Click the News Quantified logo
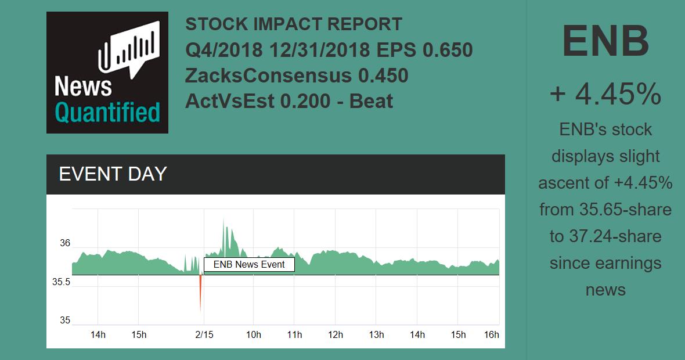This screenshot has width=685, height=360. [107, 73]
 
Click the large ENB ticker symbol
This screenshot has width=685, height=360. [605, 42]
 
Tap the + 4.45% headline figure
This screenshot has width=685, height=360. [605, 94]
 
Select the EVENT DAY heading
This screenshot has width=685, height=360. [113, 174]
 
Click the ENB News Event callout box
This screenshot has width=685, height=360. [249, 265]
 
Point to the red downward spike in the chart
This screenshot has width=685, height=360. [200, 293]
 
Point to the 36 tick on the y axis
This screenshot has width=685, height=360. [64, 243]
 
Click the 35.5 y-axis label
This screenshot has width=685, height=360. [61, 282]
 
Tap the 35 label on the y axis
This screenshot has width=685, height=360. [64, 321]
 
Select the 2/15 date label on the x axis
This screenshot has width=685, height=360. [204, 334]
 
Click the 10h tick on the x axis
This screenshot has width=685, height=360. [253, 334]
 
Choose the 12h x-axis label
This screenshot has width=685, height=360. [335, 334]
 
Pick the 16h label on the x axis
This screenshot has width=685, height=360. [491, 334]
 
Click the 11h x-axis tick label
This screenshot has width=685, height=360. [294, 334]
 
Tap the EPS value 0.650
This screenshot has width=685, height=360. [448, 51]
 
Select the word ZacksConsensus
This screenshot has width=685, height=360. [268, 76]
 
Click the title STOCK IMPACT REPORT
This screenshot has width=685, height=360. [294, 25]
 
